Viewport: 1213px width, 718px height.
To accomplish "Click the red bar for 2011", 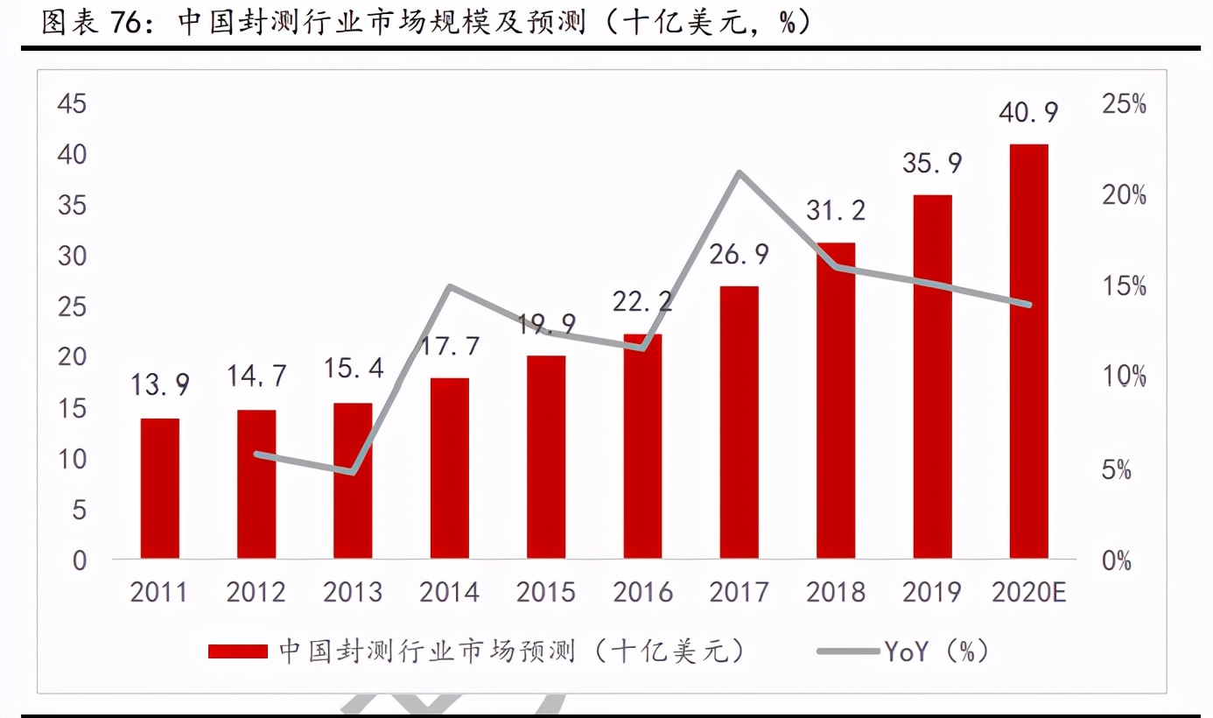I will click(160, 489).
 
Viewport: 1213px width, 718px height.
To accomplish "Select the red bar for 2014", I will click(450, 468).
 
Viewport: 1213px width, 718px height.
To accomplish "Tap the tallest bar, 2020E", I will click(1028, 350).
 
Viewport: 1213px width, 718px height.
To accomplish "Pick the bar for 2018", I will click(836, 400).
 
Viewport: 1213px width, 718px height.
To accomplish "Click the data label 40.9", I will click(1028, 113).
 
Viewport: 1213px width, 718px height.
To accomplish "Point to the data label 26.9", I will click(739, 255).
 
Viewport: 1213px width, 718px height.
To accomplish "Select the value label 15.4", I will click(353, 369).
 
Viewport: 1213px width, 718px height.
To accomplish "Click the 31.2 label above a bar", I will click(836, 210).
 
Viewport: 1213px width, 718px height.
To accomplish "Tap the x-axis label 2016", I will click(642, 593).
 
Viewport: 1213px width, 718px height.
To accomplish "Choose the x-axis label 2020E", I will click(1028, 593).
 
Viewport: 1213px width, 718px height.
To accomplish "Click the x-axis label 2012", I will click(256, 593).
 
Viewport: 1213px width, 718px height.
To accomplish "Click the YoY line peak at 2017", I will click(740, 172).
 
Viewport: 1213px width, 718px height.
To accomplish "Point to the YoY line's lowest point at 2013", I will click(353, 473).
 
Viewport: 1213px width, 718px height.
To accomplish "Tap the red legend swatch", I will click(237, 651).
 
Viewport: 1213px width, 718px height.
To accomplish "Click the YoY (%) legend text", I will click(936, 651).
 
